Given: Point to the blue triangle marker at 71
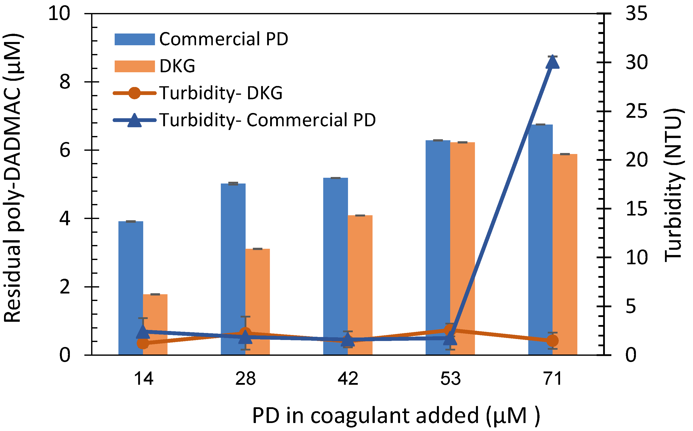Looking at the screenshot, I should pos(552,62).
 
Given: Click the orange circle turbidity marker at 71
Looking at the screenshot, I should pos(553,341).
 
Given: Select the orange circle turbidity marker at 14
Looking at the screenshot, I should pos(143,343).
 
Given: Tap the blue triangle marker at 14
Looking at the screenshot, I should pos(143,331).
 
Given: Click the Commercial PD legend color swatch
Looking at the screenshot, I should pos(134,39).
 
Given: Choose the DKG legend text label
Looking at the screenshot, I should pos(177,66).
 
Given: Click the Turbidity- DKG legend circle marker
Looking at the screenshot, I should pos(134,93).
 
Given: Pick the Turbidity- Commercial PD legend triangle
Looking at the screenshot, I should pos(134,120).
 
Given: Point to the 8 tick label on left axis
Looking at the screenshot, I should pos(65,82).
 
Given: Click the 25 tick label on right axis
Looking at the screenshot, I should pos(636,111).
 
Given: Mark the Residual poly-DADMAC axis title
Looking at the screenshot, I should pos(13,178).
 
